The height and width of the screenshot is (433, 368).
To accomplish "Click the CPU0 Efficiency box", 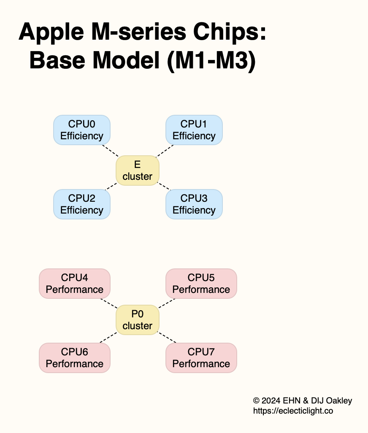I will (x=82, y=130).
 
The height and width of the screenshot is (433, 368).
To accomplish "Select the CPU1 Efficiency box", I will (x=194, y=130).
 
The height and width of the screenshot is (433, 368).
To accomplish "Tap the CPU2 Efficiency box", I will (x=82, y=204).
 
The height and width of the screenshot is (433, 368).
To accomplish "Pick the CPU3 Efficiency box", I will (x=194, y=204).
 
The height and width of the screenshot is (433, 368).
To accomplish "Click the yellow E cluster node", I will (x=138, y=170).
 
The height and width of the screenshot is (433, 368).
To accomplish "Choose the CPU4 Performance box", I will (x=75, y=284).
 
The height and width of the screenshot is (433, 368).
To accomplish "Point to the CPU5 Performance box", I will (x=201, y=284).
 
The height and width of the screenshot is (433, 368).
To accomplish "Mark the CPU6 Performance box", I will (x=75, y=358).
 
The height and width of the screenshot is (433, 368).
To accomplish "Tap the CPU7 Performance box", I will (x=201, y=358).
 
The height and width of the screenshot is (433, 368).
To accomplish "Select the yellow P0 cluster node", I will (x=138, y=320).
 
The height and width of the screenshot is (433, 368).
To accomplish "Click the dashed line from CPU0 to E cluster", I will (x=110, y=151).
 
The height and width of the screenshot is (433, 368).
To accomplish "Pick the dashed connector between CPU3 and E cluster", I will (x=164, y=187).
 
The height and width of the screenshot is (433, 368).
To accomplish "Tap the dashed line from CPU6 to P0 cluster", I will (x=108, y=337).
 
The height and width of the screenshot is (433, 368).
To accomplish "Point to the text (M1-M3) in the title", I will (x=211, y=61).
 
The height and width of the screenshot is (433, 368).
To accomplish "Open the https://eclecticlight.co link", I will (x=293, y=410).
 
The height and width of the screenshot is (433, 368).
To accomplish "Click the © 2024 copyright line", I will (x=302, y=401).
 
